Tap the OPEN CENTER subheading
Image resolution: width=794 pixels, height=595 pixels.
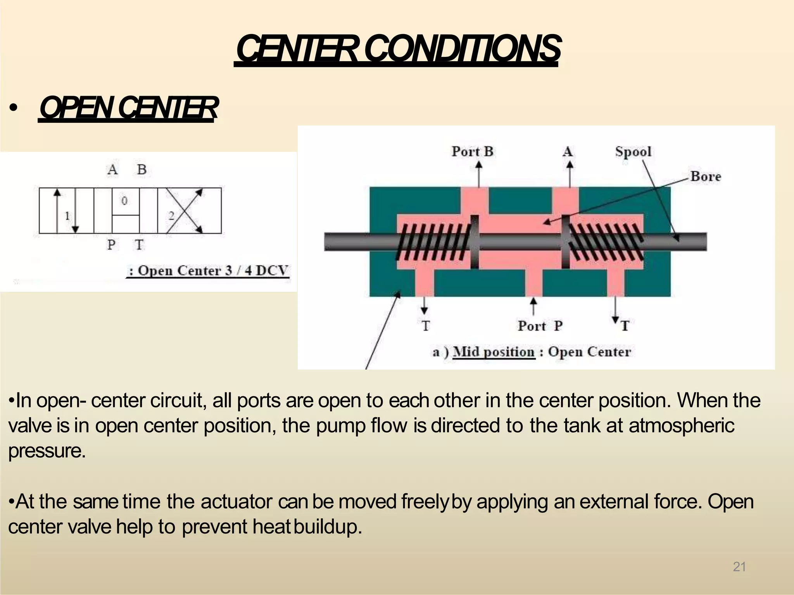(128, 108)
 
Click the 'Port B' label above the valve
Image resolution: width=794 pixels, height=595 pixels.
(472, 151)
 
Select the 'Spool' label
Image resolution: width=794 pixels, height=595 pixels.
(633, 151)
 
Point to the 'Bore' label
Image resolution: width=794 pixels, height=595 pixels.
(706, 177)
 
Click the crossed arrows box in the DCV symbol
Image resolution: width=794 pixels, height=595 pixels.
(189, 210)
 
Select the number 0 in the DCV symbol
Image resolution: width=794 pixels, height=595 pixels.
(124, 201)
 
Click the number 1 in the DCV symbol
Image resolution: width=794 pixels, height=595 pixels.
(67, 215)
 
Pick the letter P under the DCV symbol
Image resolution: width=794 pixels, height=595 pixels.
(111, 245)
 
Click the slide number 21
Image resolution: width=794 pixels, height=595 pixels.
(739, 567)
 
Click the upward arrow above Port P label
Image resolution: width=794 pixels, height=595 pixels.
(534, 306)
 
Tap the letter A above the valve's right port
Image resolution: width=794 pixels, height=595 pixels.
(568, 151)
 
